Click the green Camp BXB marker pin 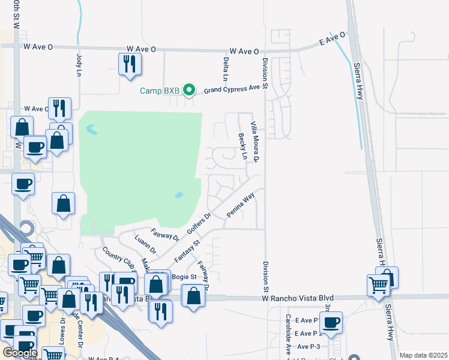tap(189, 91)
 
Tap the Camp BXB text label tap(160, 91)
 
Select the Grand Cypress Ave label tap(235, 88)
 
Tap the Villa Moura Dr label tap(255, 142)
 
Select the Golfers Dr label tap(199, 224)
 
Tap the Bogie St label tap(184, 277)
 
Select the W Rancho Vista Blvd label tap(297, 298)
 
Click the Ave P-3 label tap(309, 347)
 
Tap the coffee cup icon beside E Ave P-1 tap(331, 323)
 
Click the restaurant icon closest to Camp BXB tap(130, 64)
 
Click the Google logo tap(20, 353)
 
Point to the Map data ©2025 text tap(423, 355)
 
